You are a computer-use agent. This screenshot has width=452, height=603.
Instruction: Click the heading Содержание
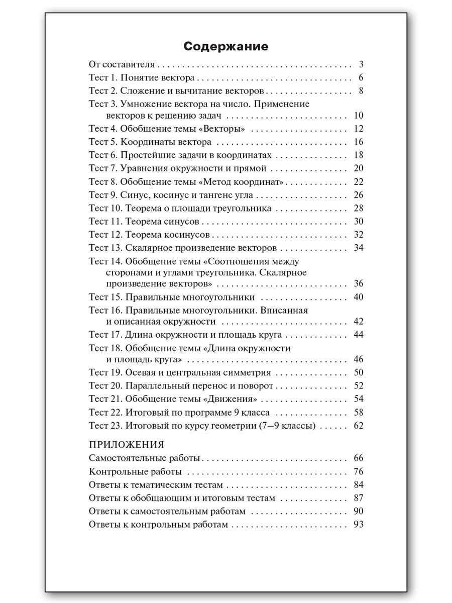point(225,47)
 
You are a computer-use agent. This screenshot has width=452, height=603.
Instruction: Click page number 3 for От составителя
point(361,65)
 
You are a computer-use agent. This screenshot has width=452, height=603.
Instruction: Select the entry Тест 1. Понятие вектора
point(142,78)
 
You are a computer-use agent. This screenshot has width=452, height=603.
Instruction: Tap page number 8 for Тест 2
point(361,91)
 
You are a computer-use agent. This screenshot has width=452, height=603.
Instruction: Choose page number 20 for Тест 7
point(358,168)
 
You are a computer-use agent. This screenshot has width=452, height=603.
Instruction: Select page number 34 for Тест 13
point(358,248)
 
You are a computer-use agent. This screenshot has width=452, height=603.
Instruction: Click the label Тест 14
point(105,261)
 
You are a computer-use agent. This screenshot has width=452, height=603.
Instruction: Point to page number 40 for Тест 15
point(358,297)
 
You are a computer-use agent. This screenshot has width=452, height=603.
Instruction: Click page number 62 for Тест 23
point(358,426)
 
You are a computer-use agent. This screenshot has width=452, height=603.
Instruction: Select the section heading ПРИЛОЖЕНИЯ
point(126,445)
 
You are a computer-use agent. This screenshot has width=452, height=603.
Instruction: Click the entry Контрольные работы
point(135,472)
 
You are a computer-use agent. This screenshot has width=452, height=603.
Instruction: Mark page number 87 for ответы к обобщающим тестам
point(358,498)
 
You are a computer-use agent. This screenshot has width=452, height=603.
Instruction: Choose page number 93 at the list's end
point(358,525)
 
